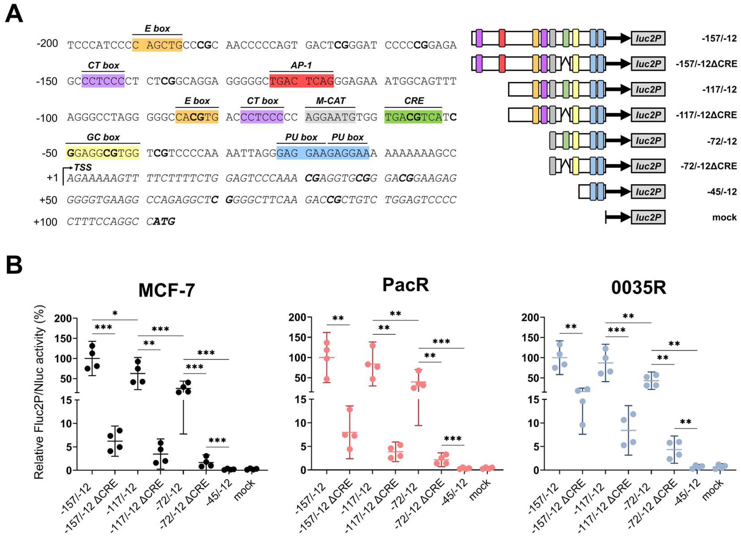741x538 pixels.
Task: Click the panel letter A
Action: coord(14,14)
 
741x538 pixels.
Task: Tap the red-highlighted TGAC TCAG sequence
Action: coord(301,81)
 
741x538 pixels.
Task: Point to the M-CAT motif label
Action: coord(330,101)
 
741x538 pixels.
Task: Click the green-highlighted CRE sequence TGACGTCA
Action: coord(413,117)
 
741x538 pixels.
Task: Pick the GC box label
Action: coord(103,137)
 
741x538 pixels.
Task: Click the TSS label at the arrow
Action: coord(83,167)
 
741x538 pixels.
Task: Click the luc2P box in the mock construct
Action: coord(648,217)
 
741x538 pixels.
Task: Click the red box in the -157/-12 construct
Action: coord(502,38)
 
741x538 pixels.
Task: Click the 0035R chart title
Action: coord(638,288)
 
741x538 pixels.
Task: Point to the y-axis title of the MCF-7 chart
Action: coord(39,392)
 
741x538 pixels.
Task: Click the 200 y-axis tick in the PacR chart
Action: coord(297,317)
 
